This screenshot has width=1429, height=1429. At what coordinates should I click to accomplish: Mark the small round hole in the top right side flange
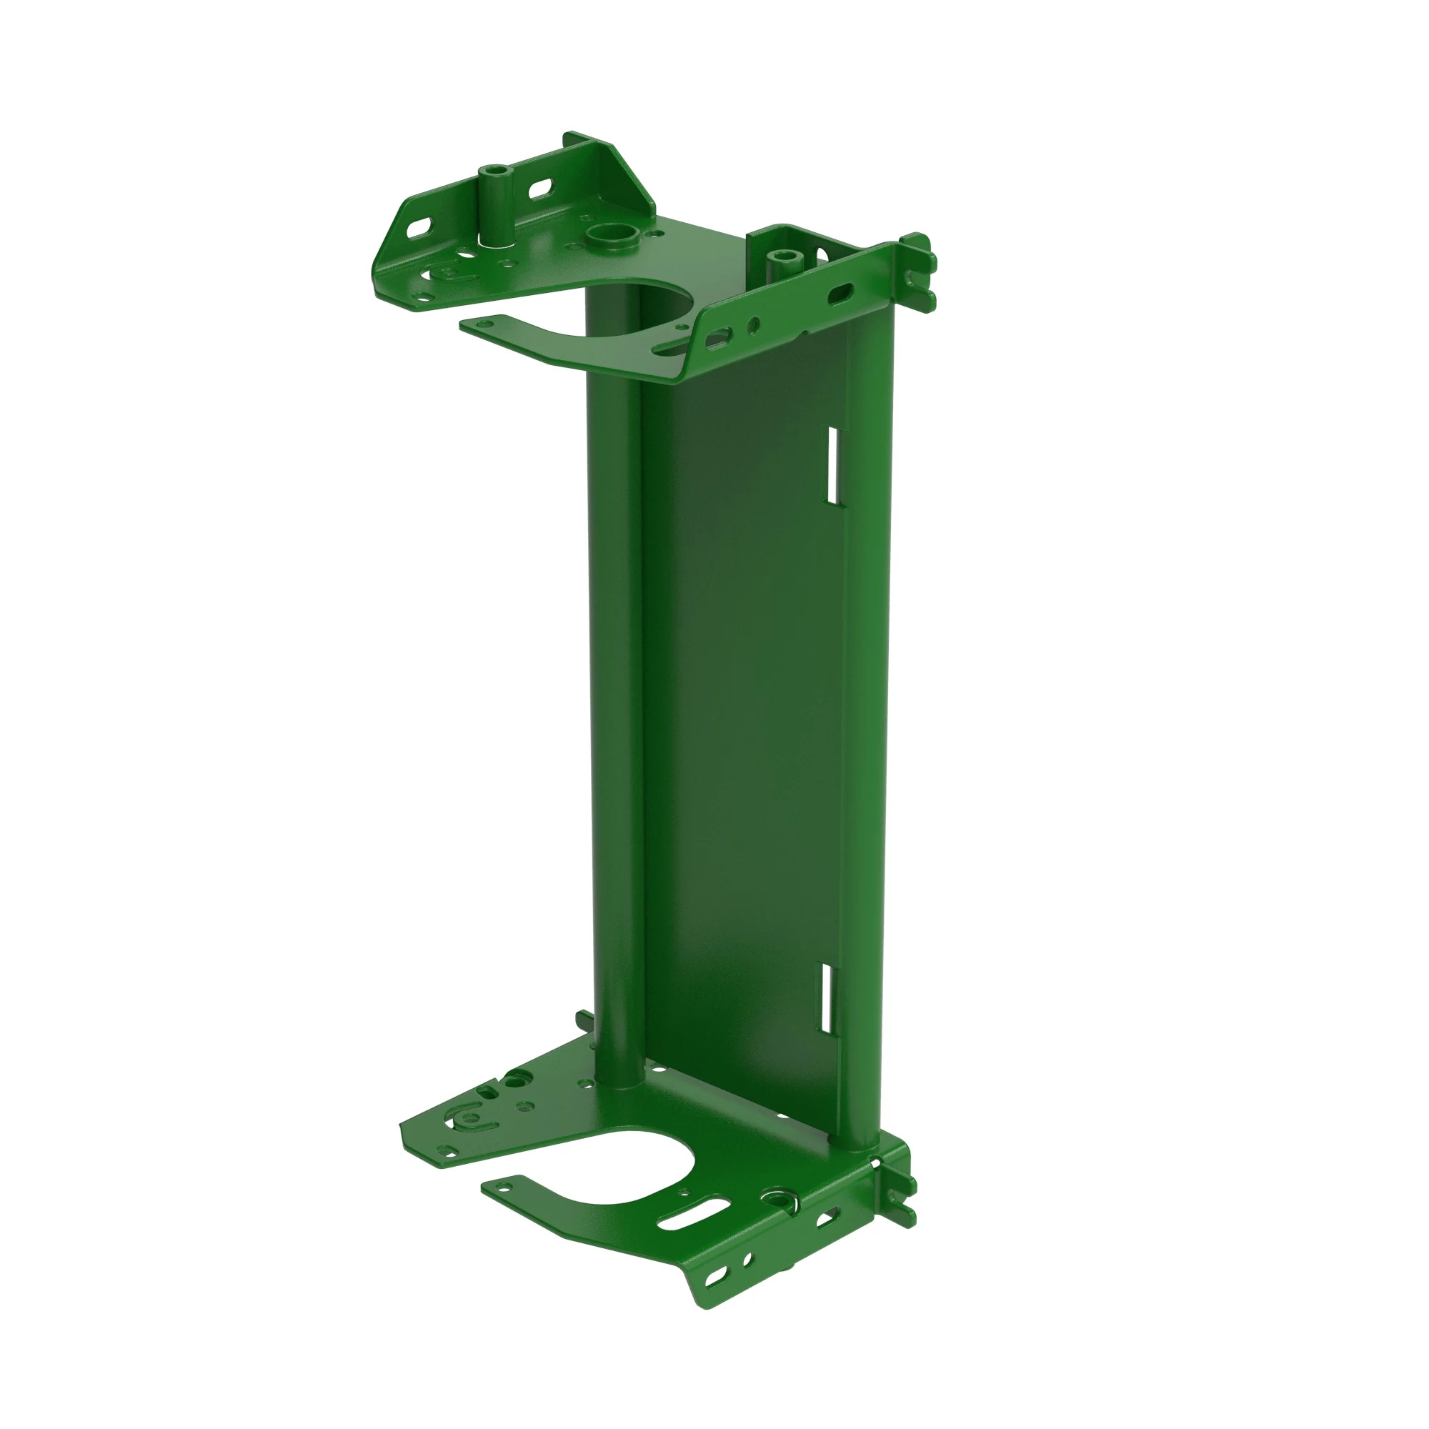(753, 324)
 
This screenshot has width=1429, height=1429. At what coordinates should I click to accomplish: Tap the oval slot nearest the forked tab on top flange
(842, 293)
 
